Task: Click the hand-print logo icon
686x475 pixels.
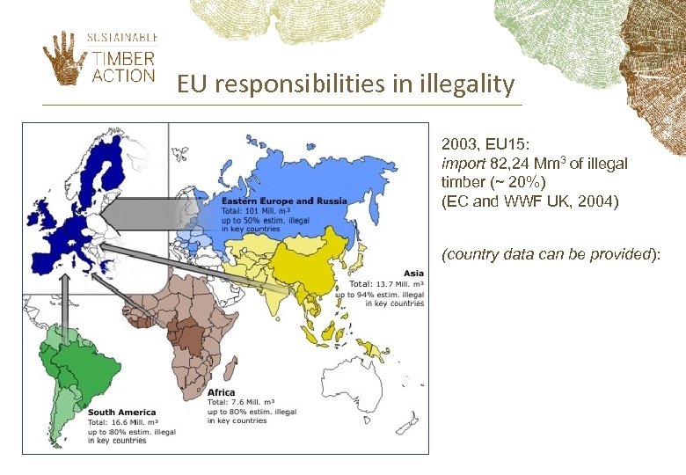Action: [x=62, y=59]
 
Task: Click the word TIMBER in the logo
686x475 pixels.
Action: [x=124, y=58]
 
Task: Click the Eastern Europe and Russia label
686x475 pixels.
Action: [x=283, y=201]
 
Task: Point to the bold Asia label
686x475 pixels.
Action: [x=413, y=273]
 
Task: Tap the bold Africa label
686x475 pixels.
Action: [x=221, y=392]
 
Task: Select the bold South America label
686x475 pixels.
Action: [x=121, y=412]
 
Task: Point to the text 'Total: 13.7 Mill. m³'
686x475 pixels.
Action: [x=387, y=284]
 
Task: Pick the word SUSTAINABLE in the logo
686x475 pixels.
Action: [x=122, y=37]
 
